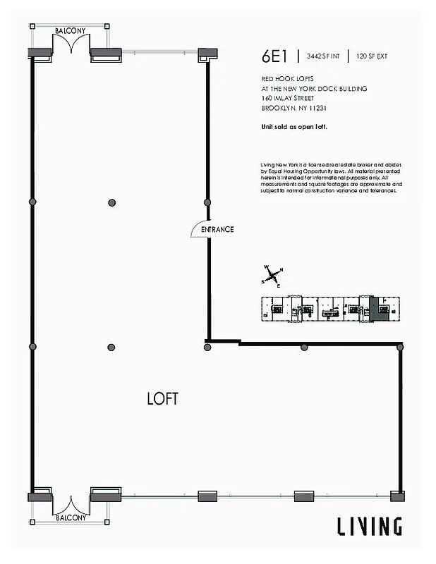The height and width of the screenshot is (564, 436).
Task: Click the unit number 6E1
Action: tap(274, 56)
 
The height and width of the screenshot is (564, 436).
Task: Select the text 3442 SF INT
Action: tap(322, 56)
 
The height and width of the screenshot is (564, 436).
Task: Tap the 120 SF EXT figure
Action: tap(373, 56)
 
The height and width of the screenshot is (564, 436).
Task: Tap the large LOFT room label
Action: tap(162, 398)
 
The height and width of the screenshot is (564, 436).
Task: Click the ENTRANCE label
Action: tap(217, 230)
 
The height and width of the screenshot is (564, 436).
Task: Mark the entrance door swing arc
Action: tap(198, 229)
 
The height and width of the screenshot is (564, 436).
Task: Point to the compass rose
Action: tap(273, 276)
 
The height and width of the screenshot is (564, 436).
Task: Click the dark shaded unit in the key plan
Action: tap(379, 309)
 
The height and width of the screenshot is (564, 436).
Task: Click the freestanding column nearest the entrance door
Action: tap(111, 202)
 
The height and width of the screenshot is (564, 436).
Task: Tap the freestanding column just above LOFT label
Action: tap(111, 347)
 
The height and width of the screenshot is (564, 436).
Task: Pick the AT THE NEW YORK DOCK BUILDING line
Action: tap(314, 89)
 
